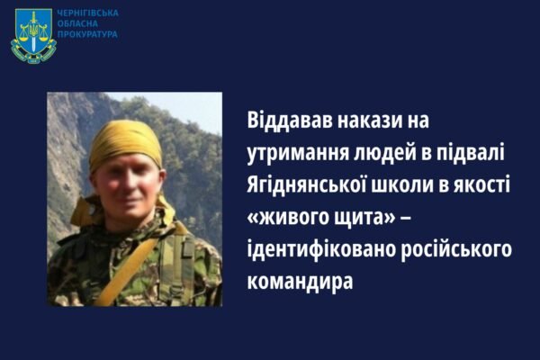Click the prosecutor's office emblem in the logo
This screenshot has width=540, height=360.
[x=33, y=35]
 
